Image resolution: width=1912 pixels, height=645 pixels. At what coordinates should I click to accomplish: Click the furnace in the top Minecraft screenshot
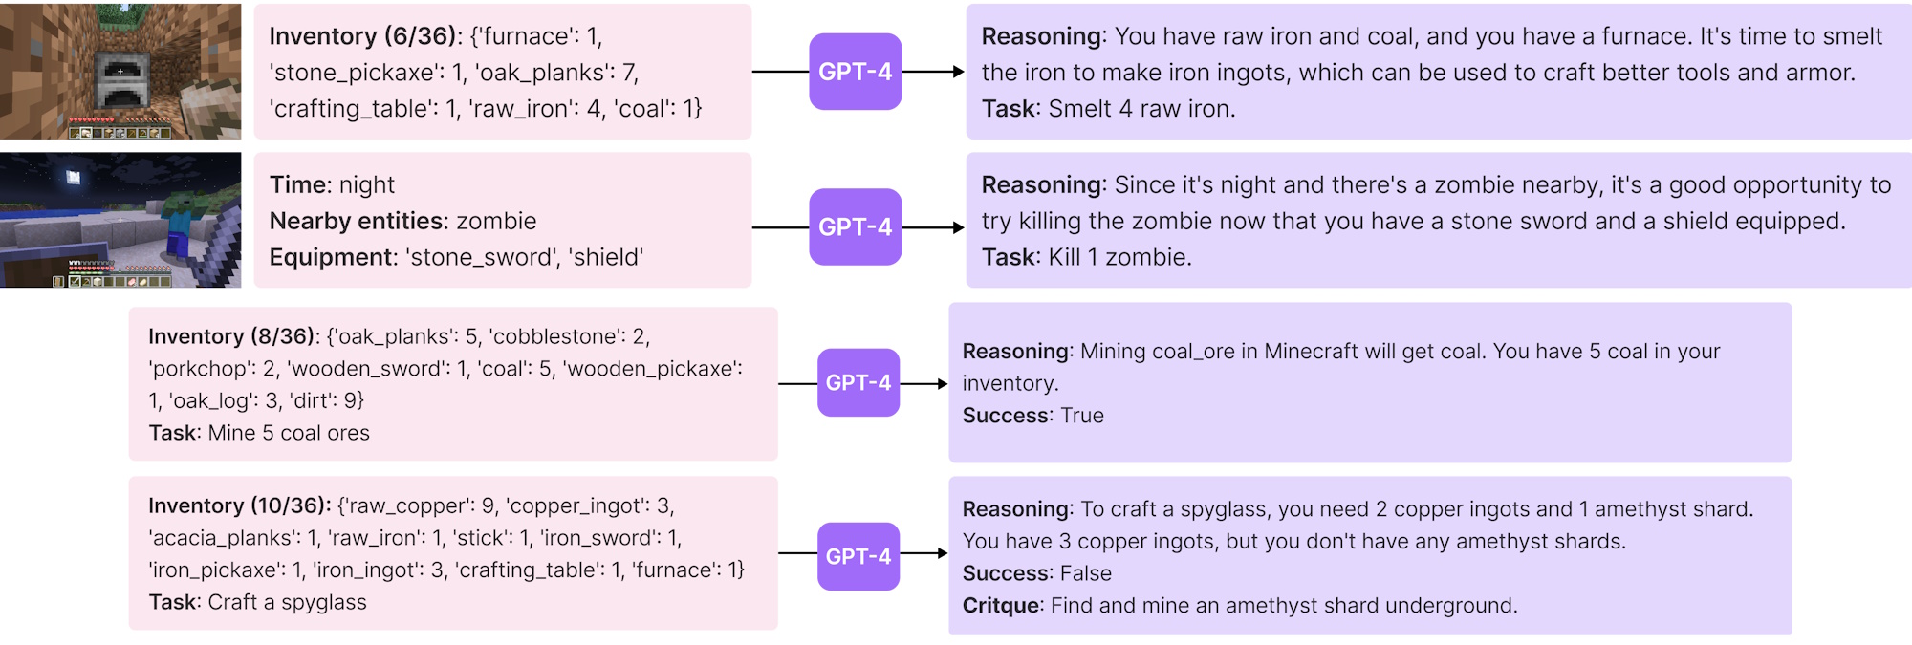[x=119, y=84]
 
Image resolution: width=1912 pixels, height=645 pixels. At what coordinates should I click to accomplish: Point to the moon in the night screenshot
[x=74, y=177]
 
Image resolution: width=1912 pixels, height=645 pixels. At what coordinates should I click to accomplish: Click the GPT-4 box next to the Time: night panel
[x=855, y=227]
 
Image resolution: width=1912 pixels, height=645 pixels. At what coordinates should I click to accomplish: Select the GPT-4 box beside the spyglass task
[x=858, y=556]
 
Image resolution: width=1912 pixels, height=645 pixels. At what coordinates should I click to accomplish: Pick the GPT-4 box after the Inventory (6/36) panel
[x=855, y=72]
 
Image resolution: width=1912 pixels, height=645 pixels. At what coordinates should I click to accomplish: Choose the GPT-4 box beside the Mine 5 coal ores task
[x=858, y=382]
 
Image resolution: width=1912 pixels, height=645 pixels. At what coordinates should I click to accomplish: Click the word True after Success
[x=1081, y=416]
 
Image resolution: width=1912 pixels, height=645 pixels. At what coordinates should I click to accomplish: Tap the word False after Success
[x=1085, y=573]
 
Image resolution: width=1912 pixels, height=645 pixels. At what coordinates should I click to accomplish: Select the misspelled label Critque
[x=1001, y=606]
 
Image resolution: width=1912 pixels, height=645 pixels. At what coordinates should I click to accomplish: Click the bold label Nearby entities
[x=356, y=221]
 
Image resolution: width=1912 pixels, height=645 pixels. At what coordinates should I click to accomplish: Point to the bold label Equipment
[x=331, y=257]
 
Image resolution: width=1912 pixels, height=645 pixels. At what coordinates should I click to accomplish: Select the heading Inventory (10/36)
[x=238, y=505]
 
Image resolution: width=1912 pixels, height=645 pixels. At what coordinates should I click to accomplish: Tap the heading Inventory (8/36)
[x=232, y=336]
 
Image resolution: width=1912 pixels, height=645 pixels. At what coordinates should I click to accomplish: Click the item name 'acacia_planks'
[x=222, y=538]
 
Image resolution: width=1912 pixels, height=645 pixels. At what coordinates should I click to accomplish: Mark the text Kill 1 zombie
[x=1119, y=257]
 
